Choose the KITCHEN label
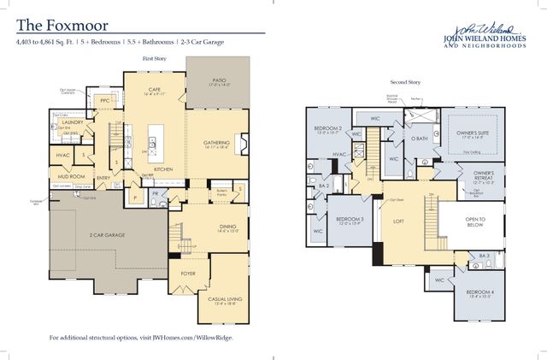pyautogui.click(x=163, y=169)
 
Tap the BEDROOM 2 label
pyautogui.click(x=328, y=129)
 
